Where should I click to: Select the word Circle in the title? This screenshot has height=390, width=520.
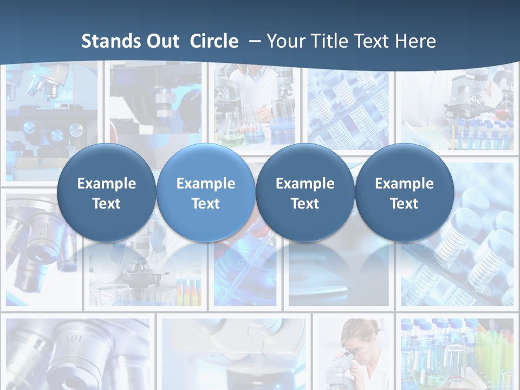[x=214, y=41]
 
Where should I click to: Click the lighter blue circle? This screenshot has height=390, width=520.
[x=205, y=192]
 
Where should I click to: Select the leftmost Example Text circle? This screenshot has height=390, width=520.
[x=106, y=192]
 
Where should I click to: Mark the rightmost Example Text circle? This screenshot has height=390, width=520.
[x=404, y=192]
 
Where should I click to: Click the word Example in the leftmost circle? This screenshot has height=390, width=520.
[x=106, y=184]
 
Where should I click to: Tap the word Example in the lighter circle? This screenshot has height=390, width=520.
[x=205, y=184]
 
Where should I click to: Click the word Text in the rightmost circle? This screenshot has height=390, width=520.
[x=404, y=204]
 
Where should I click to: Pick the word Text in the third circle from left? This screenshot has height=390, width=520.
[x=305, y=204]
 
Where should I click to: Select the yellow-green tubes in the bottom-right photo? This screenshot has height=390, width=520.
[x=490, y=352]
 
